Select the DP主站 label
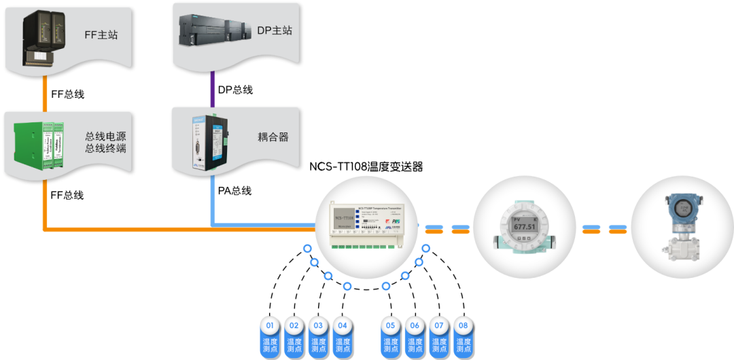point(275,31)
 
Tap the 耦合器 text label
point(273,137)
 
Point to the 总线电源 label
point(105,135)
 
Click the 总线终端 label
point(105,148)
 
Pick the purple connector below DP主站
point(212,88)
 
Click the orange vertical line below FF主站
point(46,94)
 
